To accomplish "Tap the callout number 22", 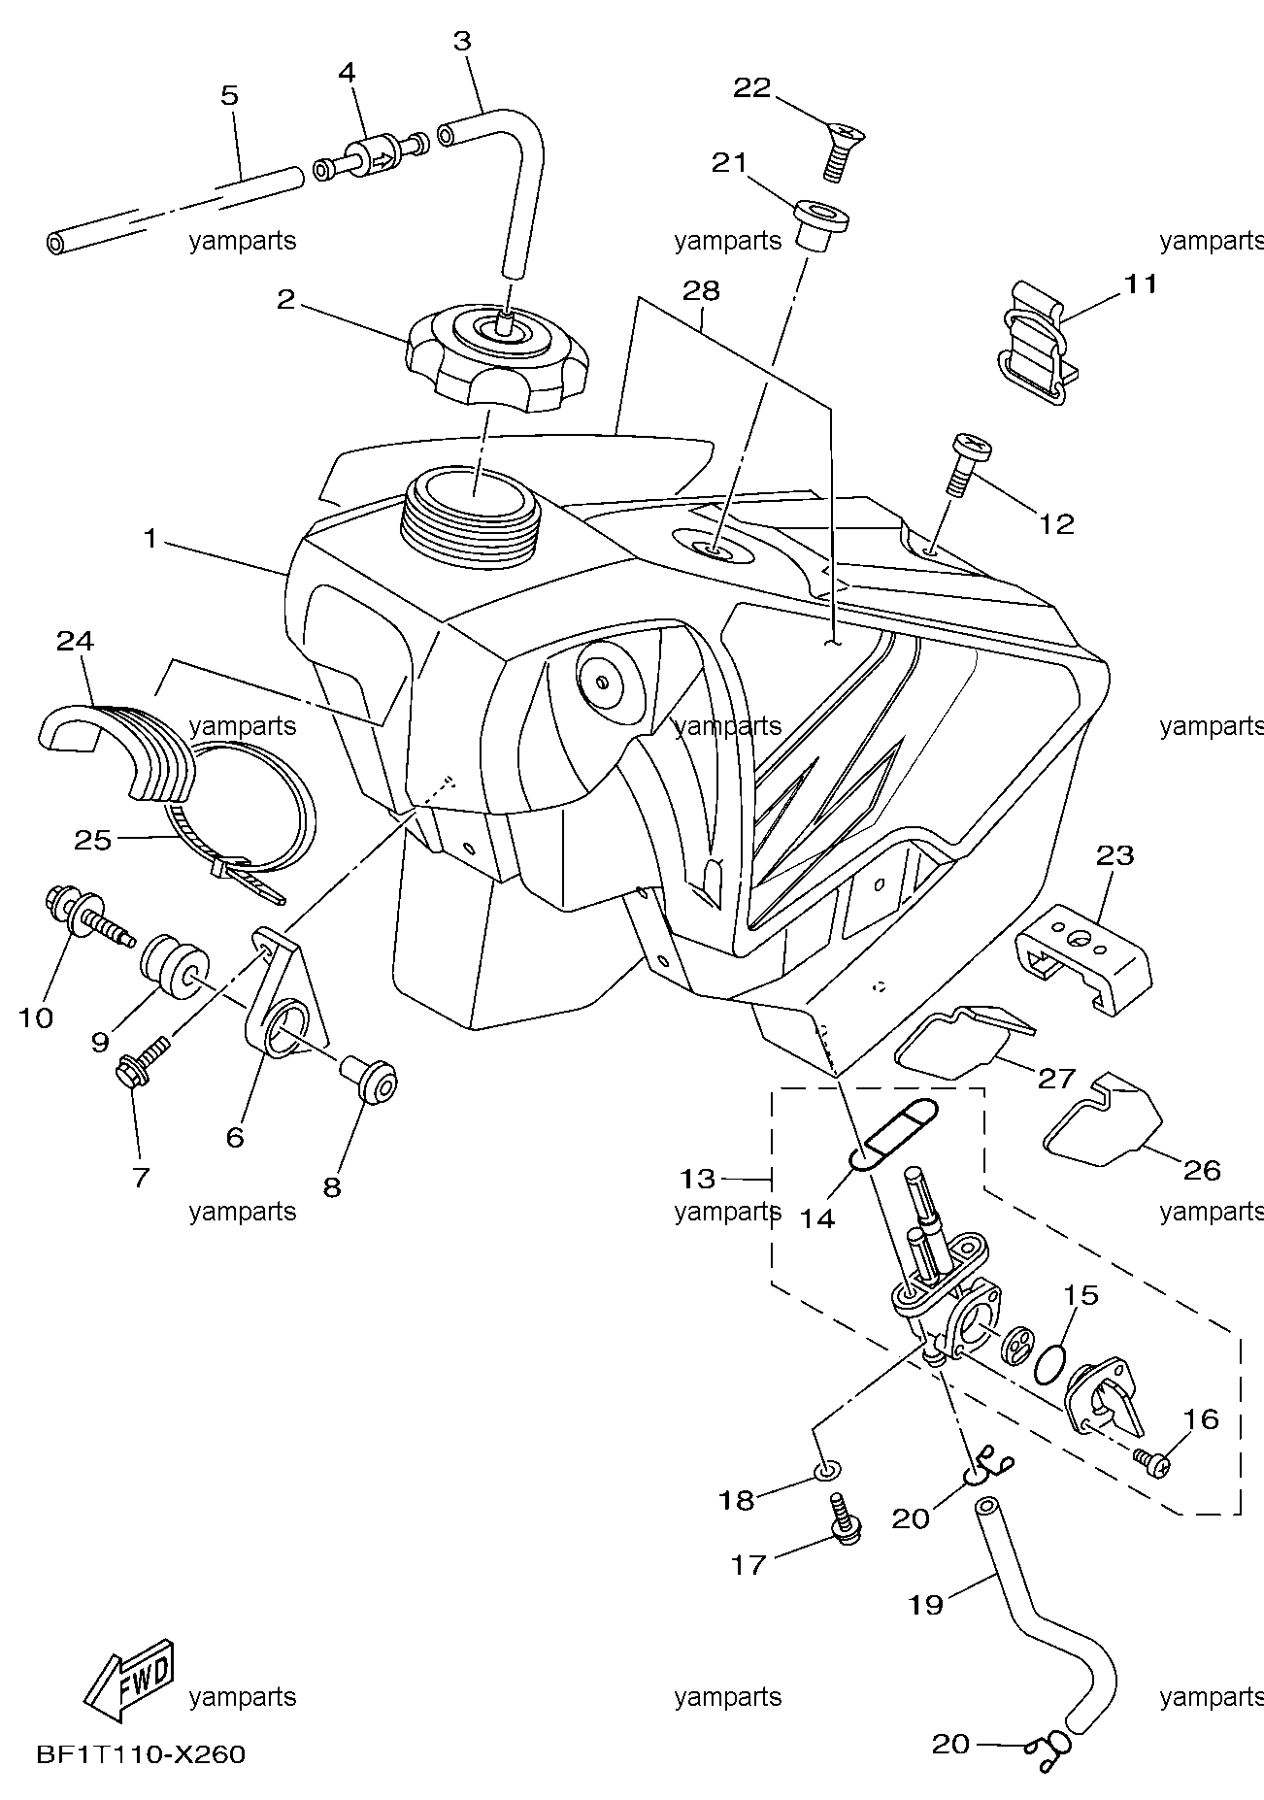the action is pyautogui.click(x=751, y=88).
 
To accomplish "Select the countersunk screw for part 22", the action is pyautogui.click(x=844, y=150).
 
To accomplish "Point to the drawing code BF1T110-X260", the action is pyautogui.click(x=141, y=1755).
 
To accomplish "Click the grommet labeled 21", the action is pyautogui.click(x=821, y=224).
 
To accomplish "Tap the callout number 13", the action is pyautogui.click(x=697, y=1179).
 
